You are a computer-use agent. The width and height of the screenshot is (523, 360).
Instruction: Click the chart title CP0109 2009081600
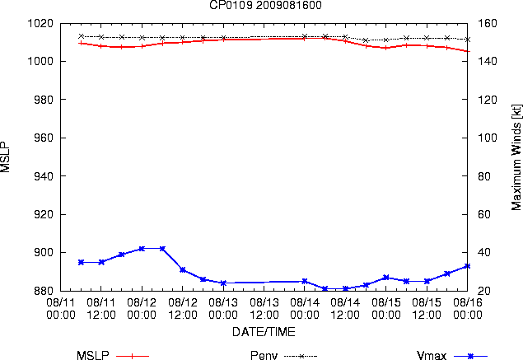[265, 5]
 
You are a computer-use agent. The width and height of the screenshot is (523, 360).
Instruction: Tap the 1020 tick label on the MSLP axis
[40, 23]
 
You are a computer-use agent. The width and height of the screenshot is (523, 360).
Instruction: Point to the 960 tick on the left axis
[44, 138]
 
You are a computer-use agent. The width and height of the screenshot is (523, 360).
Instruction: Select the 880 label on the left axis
[44, 290]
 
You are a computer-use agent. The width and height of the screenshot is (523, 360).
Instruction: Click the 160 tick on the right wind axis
[488, 23]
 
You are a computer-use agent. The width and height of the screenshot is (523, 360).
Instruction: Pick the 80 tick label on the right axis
[484, 175]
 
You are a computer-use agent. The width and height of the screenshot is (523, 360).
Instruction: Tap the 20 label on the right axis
[484, 290]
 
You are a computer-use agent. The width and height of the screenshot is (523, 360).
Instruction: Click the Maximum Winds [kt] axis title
[516, 157]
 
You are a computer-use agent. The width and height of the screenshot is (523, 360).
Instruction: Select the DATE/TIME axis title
[264, 332]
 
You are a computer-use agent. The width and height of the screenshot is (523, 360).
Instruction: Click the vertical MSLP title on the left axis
[5, 157]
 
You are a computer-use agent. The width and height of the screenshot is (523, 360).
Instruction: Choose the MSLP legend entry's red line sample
[133, 356]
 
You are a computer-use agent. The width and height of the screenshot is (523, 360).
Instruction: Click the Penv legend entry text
[264, 355]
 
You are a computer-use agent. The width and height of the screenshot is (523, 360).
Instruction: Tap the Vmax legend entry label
[432, 355]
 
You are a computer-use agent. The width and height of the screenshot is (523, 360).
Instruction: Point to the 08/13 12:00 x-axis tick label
[264, 309]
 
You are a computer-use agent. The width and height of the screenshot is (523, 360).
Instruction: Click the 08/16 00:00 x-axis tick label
[468, 309]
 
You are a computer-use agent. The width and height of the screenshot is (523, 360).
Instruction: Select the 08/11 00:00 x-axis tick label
[61, 309]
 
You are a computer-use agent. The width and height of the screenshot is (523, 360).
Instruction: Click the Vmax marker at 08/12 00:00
[142, 249]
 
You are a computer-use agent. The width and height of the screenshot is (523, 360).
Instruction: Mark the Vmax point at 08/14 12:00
[346, 288]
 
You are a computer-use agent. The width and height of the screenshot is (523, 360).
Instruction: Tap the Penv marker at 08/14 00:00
[305, 36]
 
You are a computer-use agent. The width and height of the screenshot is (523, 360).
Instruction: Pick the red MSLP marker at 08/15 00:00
[386, 48]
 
